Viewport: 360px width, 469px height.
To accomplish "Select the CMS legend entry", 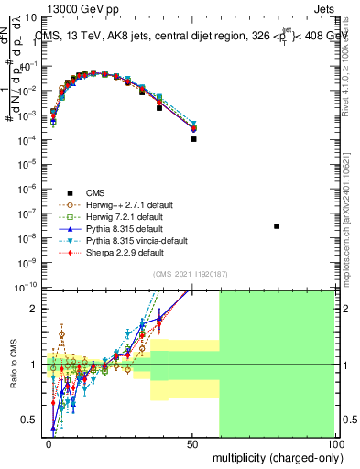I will (x=95, y=192).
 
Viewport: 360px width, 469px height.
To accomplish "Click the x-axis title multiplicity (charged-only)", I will (x=274, y=455).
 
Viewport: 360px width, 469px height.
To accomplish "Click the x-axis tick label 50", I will (x=191, y=442).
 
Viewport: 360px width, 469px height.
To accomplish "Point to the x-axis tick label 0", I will (x=49, y=442).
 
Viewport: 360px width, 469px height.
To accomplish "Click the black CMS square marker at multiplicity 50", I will (x=193, y=139).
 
